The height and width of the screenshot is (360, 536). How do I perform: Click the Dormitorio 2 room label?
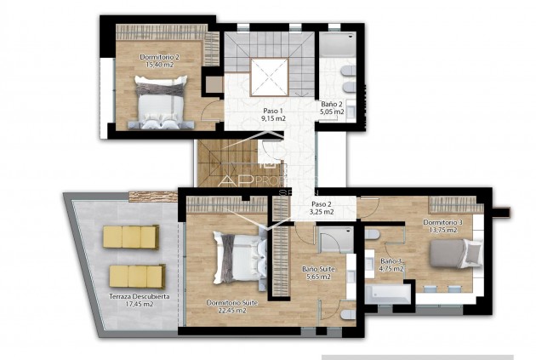coord(159,57)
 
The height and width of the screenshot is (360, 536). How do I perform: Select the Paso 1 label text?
coord(271,111)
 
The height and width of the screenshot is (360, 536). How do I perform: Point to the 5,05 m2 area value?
coord(332,111)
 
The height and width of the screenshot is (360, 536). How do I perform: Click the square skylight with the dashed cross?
coord(271,77)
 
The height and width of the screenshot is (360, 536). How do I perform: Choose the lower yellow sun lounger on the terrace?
coord(136,275)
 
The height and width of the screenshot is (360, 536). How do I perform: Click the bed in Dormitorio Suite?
coord(242,255)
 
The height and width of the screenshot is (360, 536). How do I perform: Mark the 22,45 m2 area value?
coord(226,311)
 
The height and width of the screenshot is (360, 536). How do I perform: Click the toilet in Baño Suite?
coord(348,314)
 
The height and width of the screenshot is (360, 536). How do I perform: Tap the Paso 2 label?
coord(321,204)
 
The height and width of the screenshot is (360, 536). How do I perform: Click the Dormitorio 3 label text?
coord(442,223)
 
